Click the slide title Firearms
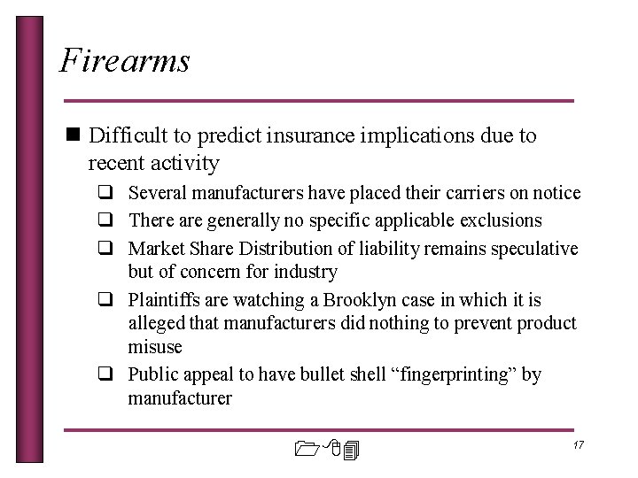(x=124, y=61)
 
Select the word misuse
(x=155, y=347)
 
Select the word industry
(x=306, y=272)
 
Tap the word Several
(x=156, y=192)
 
